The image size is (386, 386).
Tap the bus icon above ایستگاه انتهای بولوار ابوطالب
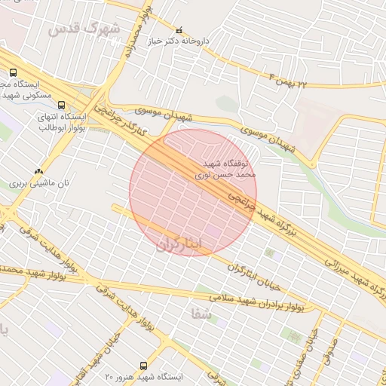tap(61, 106)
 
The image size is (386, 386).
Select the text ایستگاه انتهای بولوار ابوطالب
tap(61, 121)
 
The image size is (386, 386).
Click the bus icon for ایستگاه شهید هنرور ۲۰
tap(144, 364)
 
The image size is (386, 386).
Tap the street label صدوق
tap(327, 351)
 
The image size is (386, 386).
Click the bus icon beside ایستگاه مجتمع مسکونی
tap(13, 72)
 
